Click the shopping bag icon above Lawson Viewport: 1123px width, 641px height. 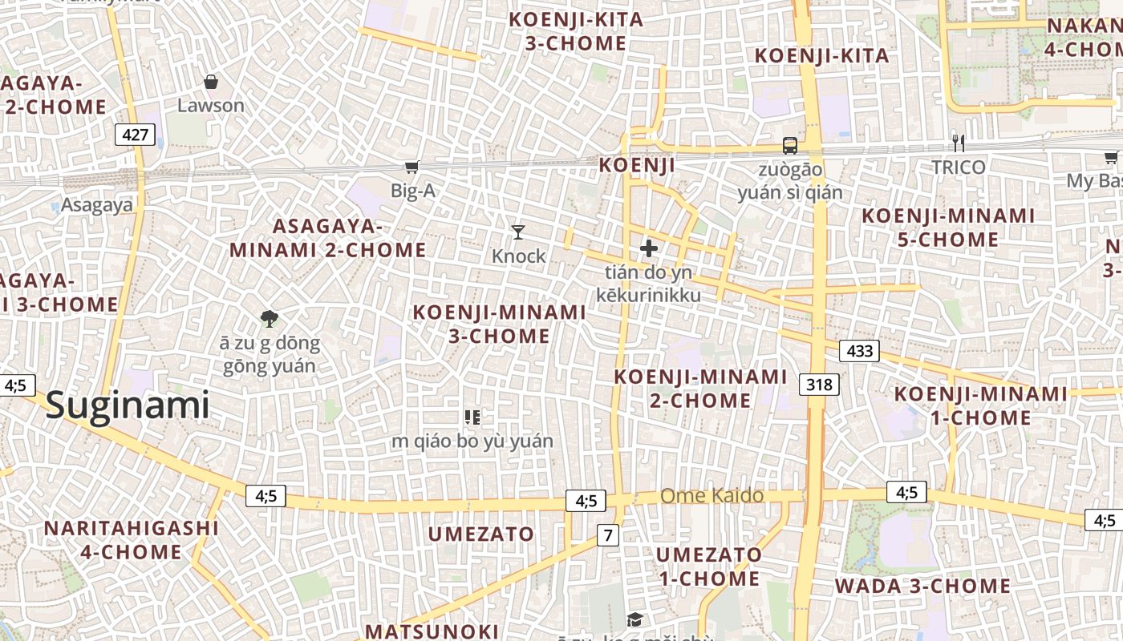coord(211,82)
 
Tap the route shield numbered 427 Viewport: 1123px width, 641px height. coord(135,135)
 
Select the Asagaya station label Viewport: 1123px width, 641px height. coord(97,205)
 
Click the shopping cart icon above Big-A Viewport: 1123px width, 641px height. coord(411,167)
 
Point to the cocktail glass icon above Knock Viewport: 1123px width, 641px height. coord(518,232)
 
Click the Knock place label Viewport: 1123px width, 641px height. coord(518,256)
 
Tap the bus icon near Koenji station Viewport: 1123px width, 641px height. coord(790,145)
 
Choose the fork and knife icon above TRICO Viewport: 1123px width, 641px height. coord(958,143)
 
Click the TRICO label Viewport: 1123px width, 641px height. coord(958,167)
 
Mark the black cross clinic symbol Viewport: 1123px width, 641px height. coord(648,248)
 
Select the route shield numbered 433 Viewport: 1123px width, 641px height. coord(859,351)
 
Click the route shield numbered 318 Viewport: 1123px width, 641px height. coord(819,385)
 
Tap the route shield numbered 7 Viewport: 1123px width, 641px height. coord(608,535)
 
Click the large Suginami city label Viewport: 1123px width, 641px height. coord(128,405)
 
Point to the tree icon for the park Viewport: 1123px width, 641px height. coord(270,319)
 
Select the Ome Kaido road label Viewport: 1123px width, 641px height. coord(712,496)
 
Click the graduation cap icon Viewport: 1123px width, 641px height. coord(634,619)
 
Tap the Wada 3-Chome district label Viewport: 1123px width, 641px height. coord(922,587)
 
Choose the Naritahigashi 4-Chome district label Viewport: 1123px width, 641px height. coord(132,540)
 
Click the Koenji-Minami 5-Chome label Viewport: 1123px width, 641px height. coord(948,228)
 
